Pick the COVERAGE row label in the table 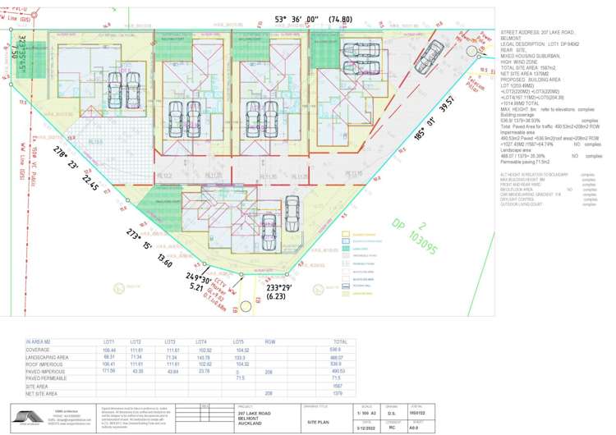click(39, 349)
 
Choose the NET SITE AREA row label click(43, 393)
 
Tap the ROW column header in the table click(269, 341)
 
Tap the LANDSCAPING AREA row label click(48, 356)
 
